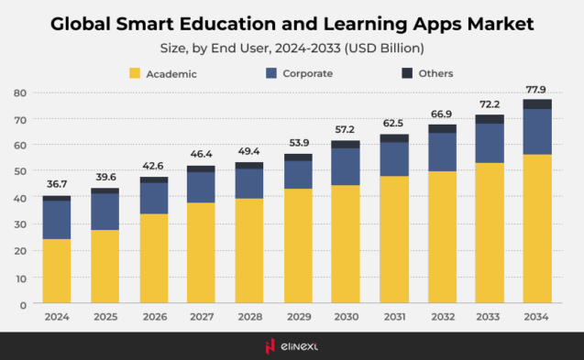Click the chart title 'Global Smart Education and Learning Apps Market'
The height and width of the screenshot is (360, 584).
click(292, 21)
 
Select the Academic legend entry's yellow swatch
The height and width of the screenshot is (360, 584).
click(135, 73)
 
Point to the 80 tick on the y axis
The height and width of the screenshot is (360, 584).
click(19, 93)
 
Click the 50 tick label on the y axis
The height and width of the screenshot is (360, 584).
click(19, 171)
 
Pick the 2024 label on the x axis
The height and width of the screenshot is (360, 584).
click(57, 316)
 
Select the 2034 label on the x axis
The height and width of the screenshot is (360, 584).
click(537, 316)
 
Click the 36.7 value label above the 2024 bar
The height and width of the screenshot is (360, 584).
click(57, 184)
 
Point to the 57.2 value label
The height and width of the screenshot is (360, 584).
click(345, 129)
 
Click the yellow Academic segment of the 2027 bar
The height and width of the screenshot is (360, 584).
click(201, 252)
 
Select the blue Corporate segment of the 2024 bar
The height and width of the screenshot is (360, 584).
click(57, 220)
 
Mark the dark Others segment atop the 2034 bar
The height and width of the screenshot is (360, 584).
click(537, 104)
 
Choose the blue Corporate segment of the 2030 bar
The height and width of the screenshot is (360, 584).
click(345, 167)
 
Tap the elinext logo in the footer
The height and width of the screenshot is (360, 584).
click(292, 345)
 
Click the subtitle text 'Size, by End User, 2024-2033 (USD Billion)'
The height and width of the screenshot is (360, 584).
click(292, 47)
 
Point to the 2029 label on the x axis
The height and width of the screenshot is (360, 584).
click(297, 316)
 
